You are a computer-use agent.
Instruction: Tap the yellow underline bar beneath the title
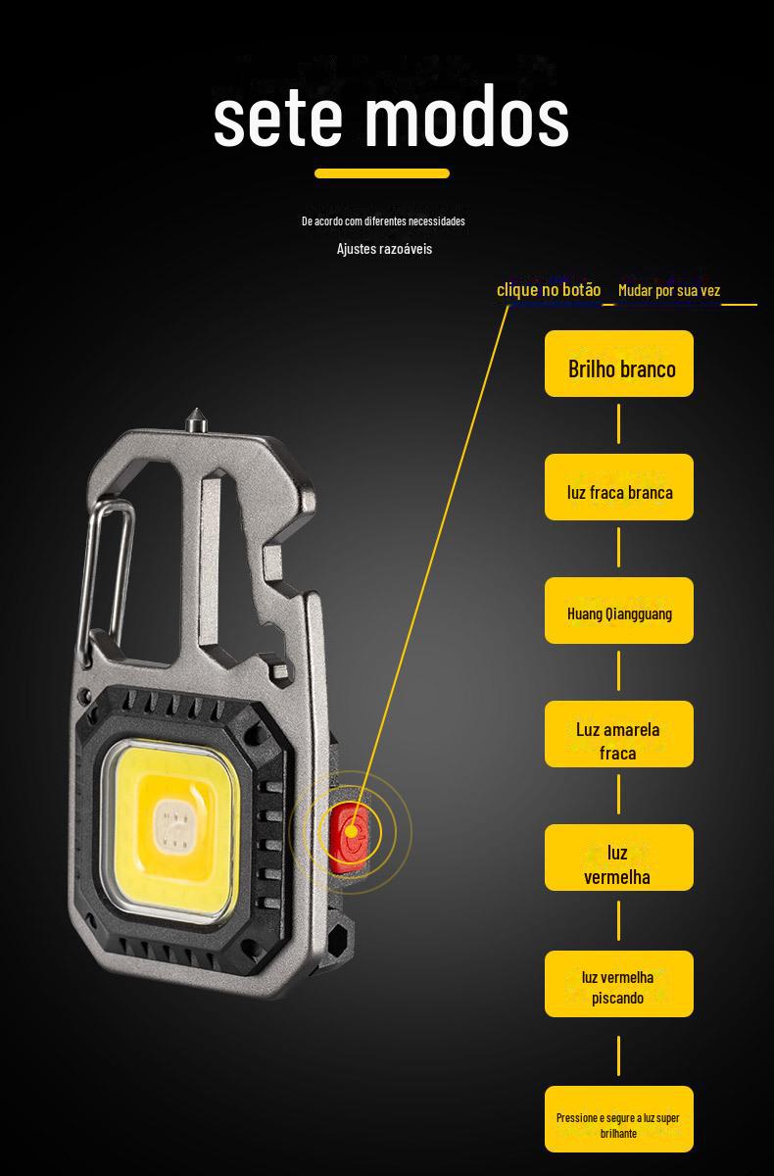(382, 173)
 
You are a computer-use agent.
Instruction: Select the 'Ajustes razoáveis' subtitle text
(384, 249)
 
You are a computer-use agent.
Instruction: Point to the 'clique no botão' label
(549, 289)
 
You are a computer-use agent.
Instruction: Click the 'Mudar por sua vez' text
(669, 290)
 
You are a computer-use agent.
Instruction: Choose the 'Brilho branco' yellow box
(619, 365)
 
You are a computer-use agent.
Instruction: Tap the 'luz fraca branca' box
(619, 487)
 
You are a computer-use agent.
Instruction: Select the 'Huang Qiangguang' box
(619, 611)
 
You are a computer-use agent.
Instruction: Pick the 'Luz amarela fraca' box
(619, 735)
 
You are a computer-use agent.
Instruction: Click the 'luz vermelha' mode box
(619, 858)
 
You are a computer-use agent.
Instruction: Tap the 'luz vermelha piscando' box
(619, 984)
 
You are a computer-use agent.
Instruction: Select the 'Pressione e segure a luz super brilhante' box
(619, 1119)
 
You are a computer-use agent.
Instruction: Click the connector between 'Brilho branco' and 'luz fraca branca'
(619, 424)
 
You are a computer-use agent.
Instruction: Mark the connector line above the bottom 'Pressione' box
(619, 1054)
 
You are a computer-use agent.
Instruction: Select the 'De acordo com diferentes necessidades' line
(383, 221)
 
